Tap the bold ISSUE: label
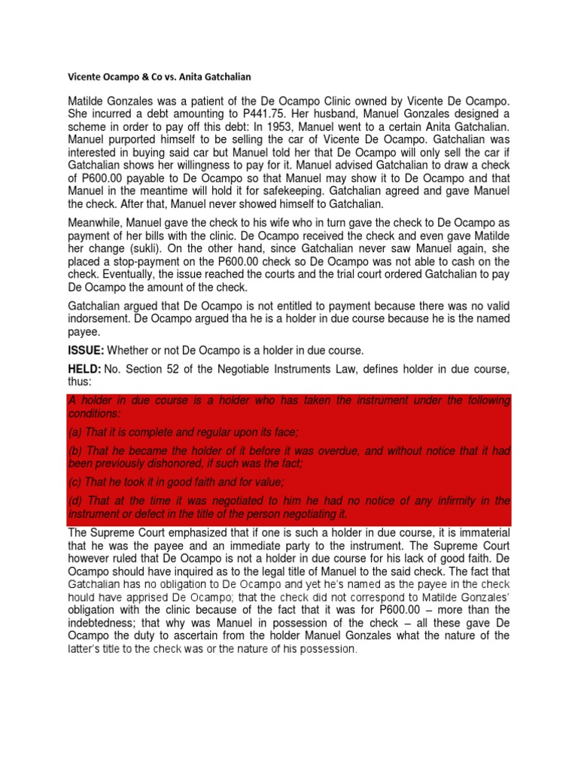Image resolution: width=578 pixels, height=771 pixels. pos(87,350)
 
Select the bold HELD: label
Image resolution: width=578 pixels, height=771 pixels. pos(86,369)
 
